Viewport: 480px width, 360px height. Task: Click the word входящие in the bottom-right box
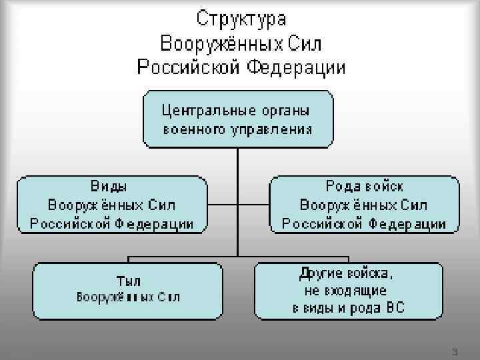coord(357,291)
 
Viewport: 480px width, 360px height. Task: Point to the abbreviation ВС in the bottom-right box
coord(393,309)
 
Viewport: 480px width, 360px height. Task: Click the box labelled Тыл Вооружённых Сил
coord(127,290)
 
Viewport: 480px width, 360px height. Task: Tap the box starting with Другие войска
coord(348,291)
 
